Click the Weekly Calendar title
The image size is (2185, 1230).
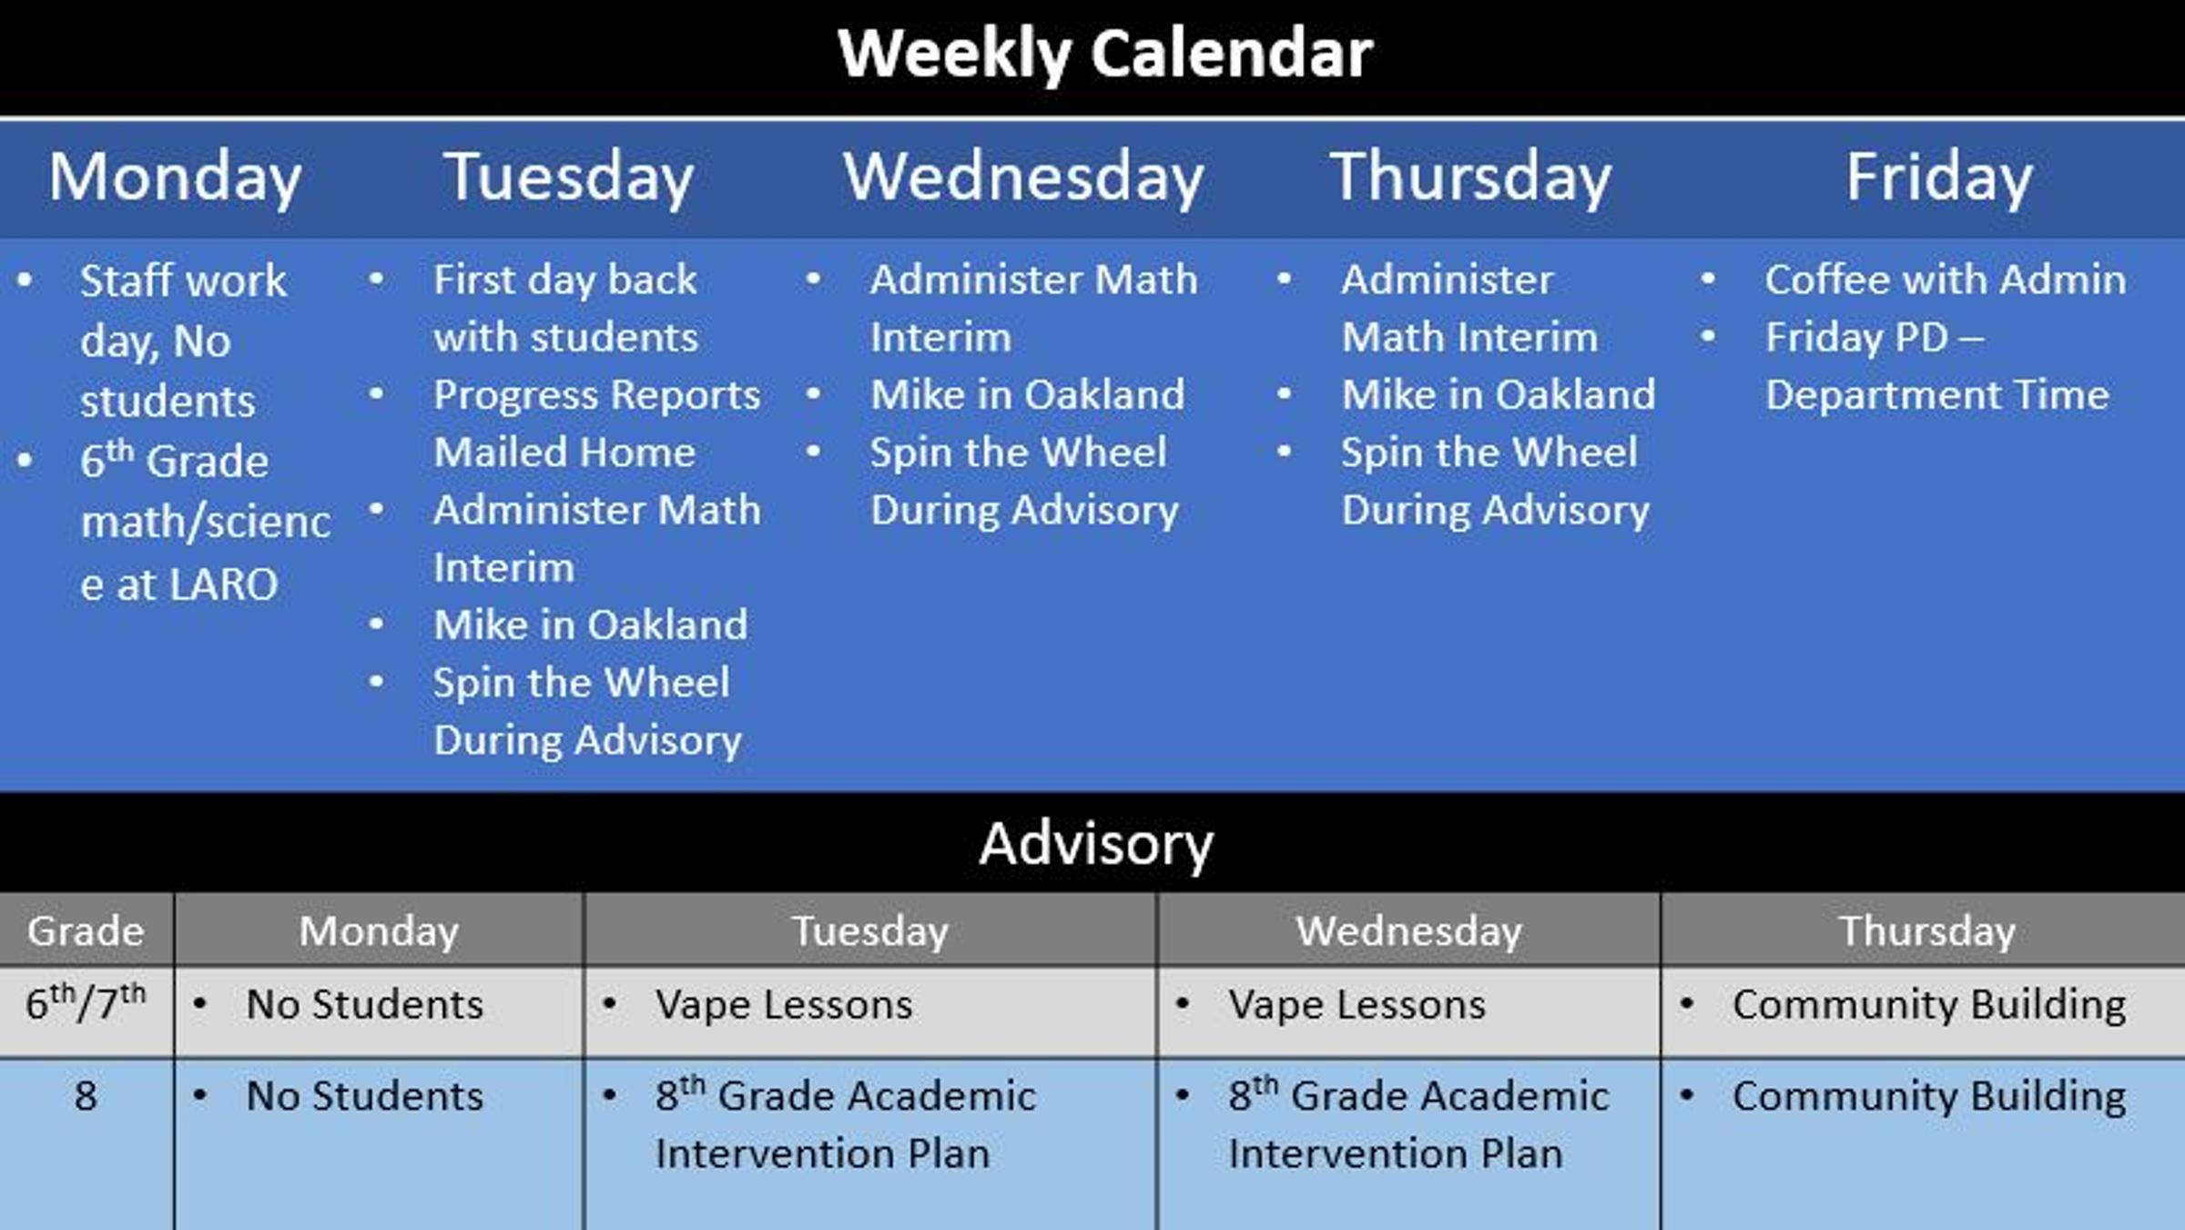(1105, 54)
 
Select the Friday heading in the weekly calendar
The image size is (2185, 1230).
(1939, 178)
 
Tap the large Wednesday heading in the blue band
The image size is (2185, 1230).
(1024, 178)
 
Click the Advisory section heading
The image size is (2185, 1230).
(1096, 844)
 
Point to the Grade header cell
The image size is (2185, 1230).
(86, 930)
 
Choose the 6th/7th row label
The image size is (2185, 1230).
(86, 1002)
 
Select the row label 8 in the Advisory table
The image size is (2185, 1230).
(86, 1095)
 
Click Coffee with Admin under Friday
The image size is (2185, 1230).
(1946, 280)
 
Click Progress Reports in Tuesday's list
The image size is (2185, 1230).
(596, 395)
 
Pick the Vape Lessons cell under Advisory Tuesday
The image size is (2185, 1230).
(783, 1005)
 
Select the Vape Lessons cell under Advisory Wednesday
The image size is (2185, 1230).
(1357, 1005)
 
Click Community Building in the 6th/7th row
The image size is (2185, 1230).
(1929, 1005)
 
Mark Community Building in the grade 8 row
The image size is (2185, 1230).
(1929, 1096)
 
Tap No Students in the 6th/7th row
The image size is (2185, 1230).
(364, 1005)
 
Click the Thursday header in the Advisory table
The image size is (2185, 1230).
(1927, 931)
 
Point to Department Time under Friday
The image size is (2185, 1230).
(1936, 395)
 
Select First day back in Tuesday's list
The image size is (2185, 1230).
(564, 280)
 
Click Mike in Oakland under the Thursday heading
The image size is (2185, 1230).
(1498, 395)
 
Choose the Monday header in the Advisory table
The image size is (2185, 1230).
(379, 931)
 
